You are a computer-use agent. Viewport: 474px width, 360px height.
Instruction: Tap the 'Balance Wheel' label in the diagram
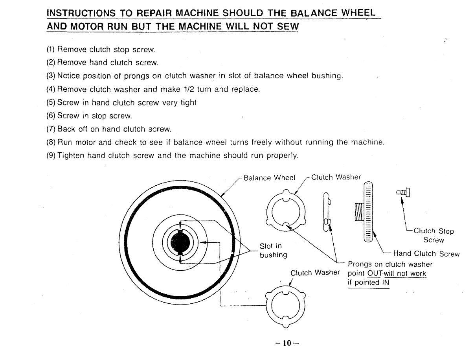269,177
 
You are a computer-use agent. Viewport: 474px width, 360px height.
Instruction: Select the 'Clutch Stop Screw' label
434,235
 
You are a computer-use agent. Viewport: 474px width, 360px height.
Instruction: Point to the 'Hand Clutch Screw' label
426,254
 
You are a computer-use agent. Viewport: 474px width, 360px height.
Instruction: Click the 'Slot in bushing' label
273,251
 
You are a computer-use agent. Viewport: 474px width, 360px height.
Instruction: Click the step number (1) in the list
51,50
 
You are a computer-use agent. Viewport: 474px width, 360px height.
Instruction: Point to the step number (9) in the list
51,155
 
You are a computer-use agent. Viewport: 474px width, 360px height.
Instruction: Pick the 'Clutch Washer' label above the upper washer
336,177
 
